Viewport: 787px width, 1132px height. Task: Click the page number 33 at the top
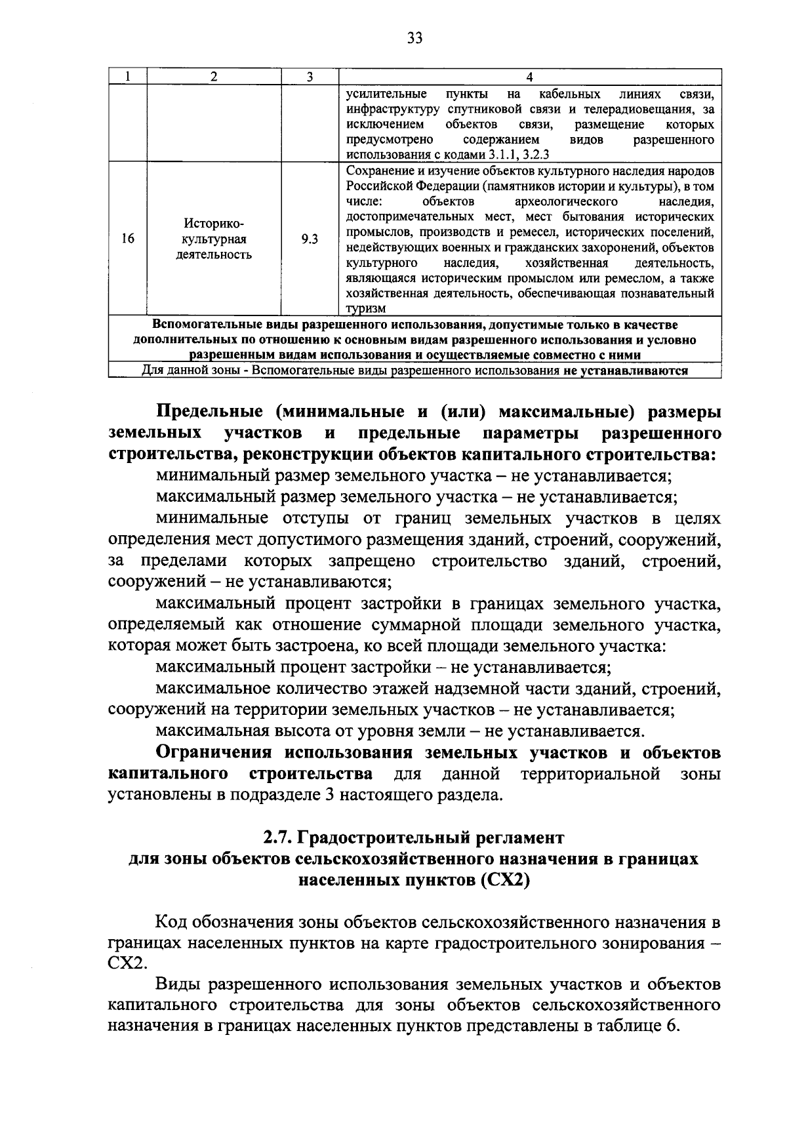(x=414, y=37)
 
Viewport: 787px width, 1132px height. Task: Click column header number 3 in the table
(x=310, y=77)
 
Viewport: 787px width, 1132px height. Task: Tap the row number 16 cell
(x=127, y=239)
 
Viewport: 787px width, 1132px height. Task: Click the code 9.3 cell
(x=310, y=239)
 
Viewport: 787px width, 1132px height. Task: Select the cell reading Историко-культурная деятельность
(x=214, y=239)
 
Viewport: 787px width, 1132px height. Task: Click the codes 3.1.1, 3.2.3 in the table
(x=518, y=155)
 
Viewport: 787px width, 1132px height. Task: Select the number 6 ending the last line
(x=670, y=1026)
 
